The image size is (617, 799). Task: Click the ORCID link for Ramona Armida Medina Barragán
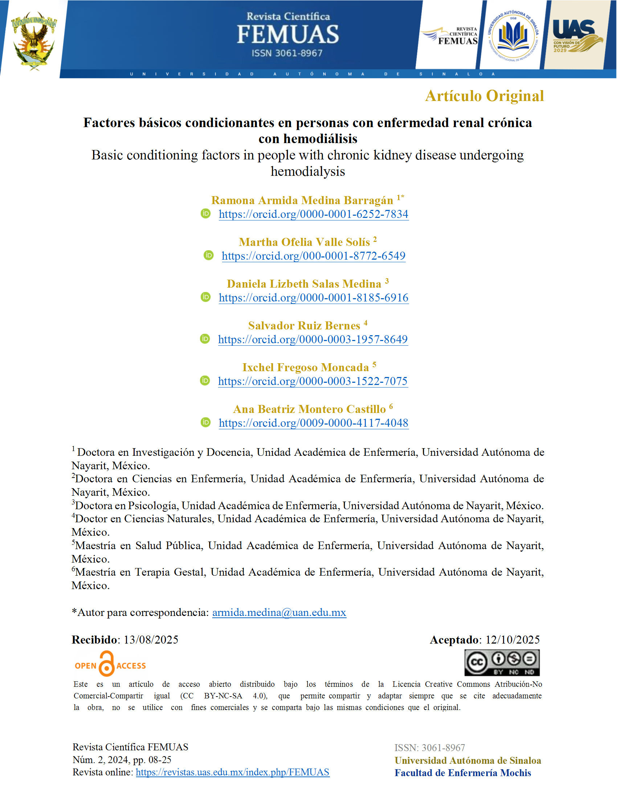(313, 214)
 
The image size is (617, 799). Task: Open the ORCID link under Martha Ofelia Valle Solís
(313, 256)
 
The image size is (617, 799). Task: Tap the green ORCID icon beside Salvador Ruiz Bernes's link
(205, 339)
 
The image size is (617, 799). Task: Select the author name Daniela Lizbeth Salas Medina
(304, 284)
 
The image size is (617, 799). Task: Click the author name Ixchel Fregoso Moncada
(305, 367)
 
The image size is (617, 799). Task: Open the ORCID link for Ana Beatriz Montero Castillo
(313, 423)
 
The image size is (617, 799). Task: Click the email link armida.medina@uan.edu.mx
(279, 612)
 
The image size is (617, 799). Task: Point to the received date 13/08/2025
(151, 640)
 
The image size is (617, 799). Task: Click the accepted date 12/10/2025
(512, 640)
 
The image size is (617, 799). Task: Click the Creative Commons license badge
(502, 662)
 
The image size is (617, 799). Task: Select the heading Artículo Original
(484, 96)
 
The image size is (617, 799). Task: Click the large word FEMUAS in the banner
(288, 35)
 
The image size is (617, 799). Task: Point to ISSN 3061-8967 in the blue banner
(287, 53)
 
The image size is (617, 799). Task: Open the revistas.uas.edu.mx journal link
(233, 772)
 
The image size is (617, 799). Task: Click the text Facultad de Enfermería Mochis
(462, 772)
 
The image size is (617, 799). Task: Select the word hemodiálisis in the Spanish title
(320, 139)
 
